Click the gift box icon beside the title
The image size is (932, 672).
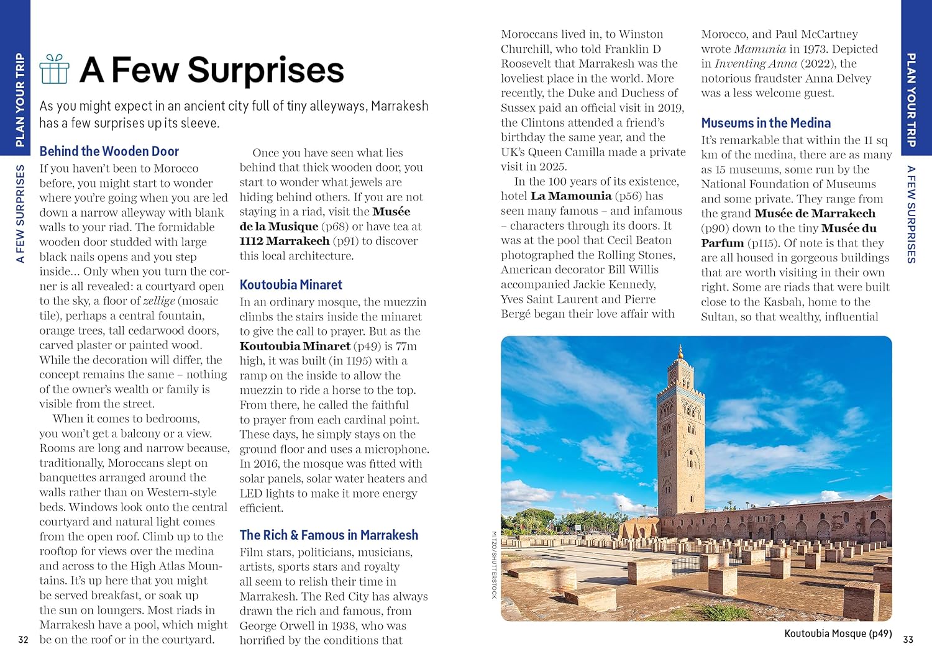tap(54, 69)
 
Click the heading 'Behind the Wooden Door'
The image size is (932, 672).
tap(109, 151)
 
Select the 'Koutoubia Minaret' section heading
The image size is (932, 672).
tap(291, 284)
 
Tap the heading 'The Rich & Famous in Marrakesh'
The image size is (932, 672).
tap(329, 535)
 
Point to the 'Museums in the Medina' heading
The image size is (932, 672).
tap(765, 123)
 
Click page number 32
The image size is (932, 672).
tap(24, 640)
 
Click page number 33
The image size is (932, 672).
tap(908, 640)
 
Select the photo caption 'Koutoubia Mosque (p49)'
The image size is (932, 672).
tap(838, 633)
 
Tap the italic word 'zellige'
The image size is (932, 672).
tap(159, 301)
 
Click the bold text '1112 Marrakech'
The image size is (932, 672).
tap(285, 241)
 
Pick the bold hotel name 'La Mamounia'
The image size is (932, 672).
tap(571, 196)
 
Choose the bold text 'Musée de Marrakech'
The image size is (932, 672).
tap(815, 214)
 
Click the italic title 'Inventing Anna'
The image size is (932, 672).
tap(756, 63)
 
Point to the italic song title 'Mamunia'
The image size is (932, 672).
tap(760, 49)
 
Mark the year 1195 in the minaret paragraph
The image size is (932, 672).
tap(359, 361)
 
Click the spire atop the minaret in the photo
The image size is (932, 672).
tap(681, 349)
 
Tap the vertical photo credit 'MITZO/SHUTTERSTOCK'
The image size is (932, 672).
tap(495, 565)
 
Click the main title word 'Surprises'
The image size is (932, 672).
tap(265, 70)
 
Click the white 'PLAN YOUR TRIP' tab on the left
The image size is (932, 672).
tap(20, 99)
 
